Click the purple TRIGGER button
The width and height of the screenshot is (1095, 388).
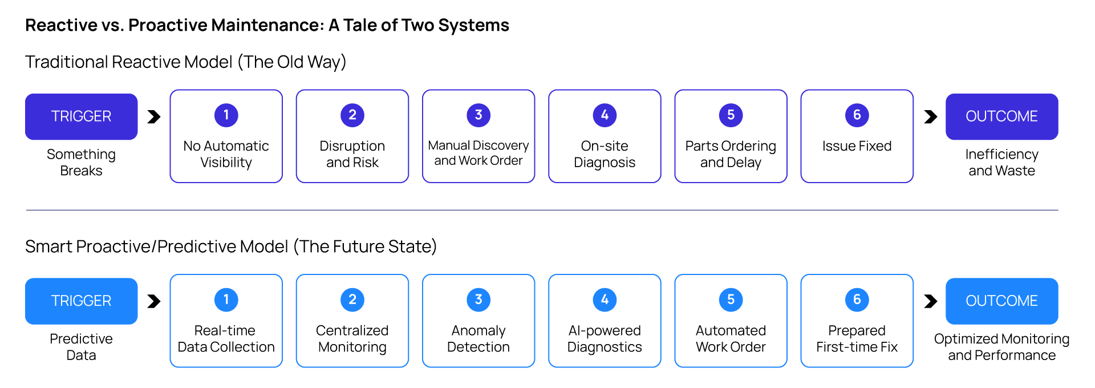tap(81, 116)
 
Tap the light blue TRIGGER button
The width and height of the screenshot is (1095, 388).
tap(81, 301)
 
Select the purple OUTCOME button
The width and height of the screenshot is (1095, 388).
tap(1001, 116)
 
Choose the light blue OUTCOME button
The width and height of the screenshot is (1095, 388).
tap(1001, 301)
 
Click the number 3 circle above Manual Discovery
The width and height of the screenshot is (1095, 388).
tap(478, 115)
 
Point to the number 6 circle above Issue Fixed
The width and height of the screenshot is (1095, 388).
tap(857, 115)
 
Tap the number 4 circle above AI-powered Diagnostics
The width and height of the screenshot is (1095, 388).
tap(605, 300)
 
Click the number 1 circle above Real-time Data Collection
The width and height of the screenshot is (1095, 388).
tap(226, 300)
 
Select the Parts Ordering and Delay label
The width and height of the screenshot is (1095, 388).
tap(731, 154)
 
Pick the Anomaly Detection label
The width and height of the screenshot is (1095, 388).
tap(478, 338)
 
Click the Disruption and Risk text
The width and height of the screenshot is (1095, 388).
tap(352, 154)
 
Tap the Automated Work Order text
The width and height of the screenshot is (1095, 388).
tap(731, 338)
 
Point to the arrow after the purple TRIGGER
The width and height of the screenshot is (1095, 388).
tap(154, 116)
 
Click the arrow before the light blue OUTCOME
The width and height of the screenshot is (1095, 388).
tap(930, 301)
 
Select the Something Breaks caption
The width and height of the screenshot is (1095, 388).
tap(81, 162)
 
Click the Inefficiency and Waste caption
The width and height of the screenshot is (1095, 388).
tap(1001, 162)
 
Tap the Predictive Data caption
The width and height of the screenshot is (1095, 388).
tap(81, 346)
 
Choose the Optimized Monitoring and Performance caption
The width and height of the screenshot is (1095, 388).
tap(1001, 346)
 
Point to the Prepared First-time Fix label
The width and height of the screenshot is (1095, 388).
tap(857, 338)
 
